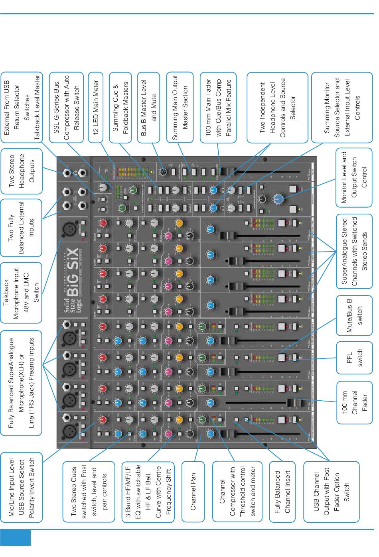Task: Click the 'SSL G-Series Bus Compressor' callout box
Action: [x=66, y=107]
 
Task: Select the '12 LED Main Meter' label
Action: [x=95, y=107]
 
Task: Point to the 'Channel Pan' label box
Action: [x=193, y=491]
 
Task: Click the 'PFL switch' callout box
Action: [x=354, y=358]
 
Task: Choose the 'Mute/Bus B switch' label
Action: [x=354, y=315]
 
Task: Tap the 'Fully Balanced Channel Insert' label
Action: [x=282, y=491]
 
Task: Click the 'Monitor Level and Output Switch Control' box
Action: [x=354, y=177]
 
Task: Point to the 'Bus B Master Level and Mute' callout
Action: [x=148, y=107]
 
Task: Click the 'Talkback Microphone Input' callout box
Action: [x=21, y=292]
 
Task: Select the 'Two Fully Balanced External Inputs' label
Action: [x=21, y=228]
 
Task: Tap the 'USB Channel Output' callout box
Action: [x=331, y=491]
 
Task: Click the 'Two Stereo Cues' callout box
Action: [x=89, y=491]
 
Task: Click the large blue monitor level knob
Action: [x=279, y=198]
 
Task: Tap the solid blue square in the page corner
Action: [x=15, y=537]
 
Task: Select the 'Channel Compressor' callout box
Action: [x=237, y=491]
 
